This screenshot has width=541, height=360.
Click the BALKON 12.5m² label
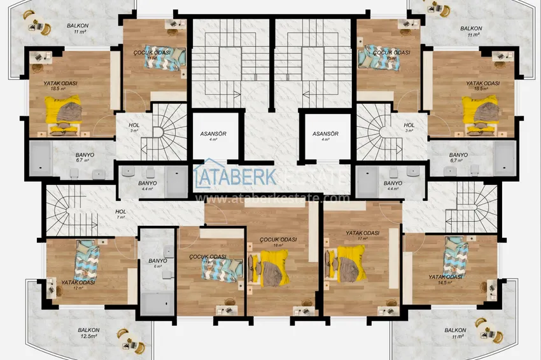click(x=88, y=333)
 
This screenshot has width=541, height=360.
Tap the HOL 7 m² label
click(x=120, y=214)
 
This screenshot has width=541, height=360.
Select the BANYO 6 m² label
click(x=157, y=263)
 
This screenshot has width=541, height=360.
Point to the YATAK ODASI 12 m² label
click(x=78, y=284)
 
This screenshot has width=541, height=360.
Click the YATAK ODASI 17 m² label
click(x=362, y=236)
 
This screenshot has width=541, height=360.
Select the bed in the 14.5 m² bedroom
click(x=455, y=255)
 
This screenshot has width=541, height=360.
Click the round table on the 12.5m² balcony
click(x=123, y=338)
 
